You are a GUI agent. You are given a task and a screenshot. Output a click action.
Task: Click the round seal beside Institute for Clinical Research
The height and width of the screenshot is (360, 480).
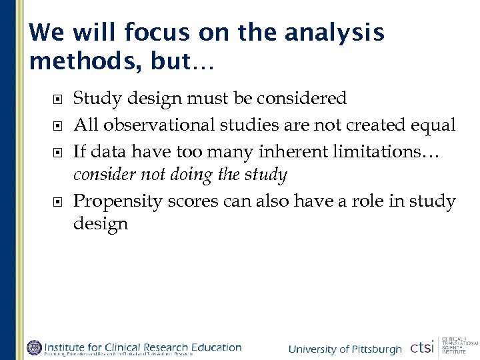(x=33, y=347)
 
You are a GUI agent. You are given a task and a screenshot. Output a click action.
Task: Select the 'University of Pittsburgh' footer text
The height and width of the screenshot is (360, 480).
(x=345, y=349)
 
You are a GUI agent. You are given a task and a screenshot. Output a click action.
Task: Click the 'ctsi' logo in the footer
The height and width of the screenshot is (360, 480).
(x=421, y=347)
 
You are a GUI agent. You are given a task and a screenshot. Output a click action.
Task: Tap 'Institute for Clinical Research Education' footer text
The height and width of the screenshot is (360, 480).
(x=143, y=346)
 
